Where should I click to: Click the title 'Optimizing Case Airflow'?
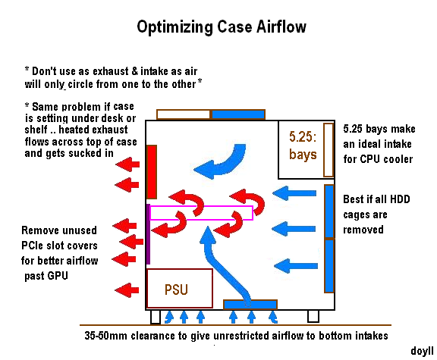point(222,27)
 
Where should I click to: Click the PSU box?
point(180,288)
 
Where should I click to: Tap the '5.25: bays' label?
point(303,146)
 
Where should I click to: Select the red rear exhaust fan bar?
point(152,172)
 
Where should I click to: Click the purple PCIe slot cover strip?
point(148,234)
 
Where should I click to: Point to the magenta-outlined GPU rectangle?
point(201,213)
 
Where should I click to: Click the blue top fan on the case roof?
point(238,114)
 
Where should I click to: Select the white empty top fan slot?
point(184,114)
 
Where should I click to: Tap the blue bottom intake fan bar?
point(250,305)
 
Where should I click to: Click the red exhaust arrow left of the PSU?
point(127,290)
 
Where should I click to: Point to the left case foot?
point(156,317)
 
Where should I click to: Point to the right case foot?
point(313,316)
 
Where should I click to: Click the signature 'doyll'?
point(423,351)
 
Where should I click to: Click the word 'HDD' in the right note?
point(400,199)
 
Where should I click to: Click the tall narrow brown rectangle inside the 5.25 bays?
point(329,150)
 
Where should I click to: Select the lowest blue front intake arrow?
point(296,266)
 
